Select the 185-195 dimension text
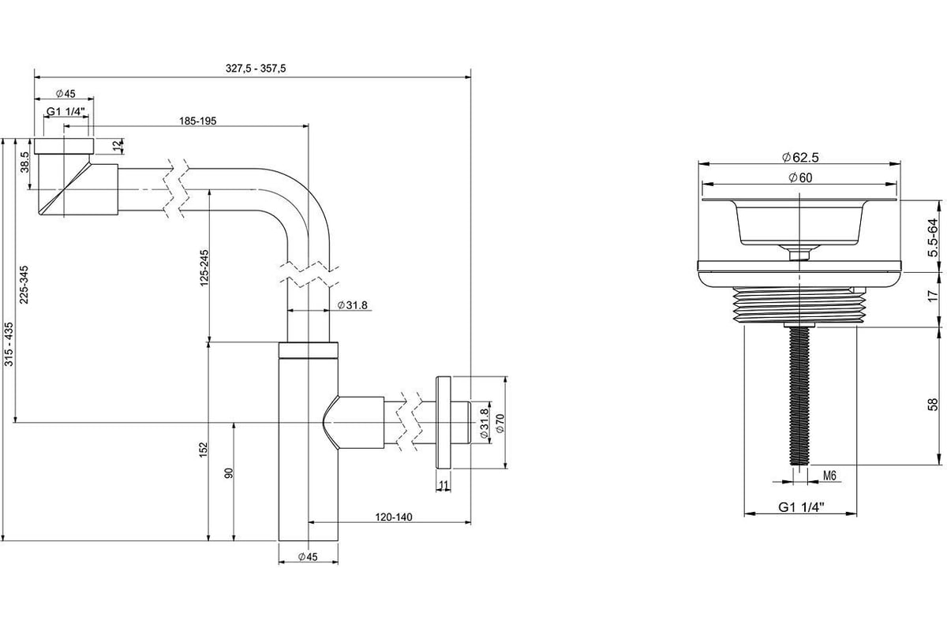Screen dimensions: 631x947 pos(198,121)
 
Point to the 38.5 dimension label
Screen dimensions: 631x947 pos(25,163)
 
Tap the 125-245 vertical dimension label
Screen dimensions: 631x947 pos(204,267)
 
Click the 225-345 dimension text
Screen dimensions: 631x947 pos(24,284)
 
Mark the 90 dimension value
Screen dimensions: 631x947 pos(230,472)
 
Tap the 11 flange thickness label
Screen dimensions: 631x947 pos(443,484)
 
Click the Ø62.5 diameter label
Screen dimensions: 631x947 pos(799,156)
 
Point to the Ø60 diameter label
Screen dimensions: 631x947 pos(799,177)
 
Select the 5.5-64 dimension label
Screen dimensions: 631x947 pos(933,237)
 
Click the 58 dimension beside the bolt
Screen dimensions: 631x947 pos(933,404)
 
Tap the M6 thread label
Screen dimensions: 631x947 pos(829,476)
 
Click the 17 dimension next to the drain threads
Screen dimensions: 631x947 pos(933,297)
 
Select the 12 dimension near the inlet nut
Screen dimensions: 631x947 pos(117,145)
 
